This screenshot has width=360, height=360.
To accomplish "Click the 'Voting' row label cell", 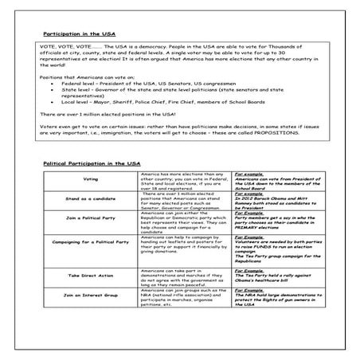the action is [x=90, y=180].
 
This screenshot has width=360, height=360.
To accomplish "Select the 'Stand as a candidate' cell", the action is [x=90, y=200].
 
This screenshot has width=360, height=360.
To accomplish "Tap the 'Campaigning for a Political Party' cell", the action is [x=90, y=240].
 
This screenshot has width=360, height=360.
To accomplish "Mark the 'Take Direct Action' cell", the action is [x=90, y=275].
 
